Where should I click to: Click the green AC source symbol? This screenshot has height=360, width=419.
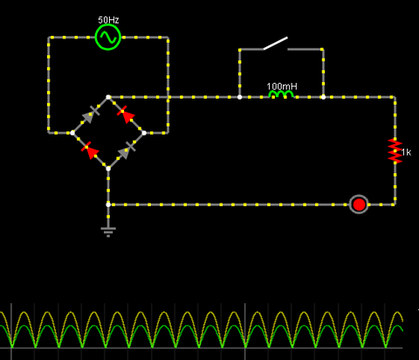[107, 38]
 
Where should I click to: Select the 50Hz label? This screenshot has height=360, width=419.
[108, 20]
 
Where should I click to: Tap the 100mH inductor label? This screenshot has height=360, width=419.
[282, 87]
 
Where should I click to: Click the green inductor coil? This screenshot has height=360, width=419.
[281, 94]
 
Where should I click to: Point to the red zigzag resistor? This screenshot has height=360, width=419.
[395, 150]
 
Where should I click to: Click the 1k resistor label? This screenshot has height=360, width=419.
[406, 152]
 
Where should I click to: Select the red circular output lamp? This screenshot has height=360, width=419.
[359, 204]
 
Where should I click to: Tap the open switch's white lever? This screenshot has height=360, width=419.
[276, 43]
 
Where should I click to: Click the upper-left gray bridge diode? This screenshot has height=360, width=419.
[91, 114]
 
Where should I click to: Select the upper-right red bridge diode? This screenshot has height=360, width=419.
[126, 114]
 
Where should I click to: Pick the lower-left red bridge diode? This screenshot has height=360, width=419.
[90, 150]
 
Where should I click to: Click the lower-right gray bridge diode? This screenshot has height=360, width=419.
[127, 150]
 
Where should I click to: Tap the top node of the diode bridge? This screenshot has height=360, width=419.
[108, 97]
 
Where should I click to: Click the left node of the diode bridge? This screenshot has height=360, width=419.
[72, 133]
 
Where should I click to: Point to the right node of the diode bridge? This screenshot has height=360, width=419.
[144, 133]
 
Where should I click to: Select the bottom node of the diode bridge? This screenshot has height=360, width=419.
[108, 169]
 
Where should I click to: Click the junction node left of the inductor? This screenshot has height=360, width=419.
[239, 97]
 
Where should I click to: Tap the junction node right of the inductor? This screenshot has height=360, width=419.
[323, 97]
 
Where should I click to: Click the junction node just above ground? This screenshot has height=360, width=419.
[108, 204]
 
